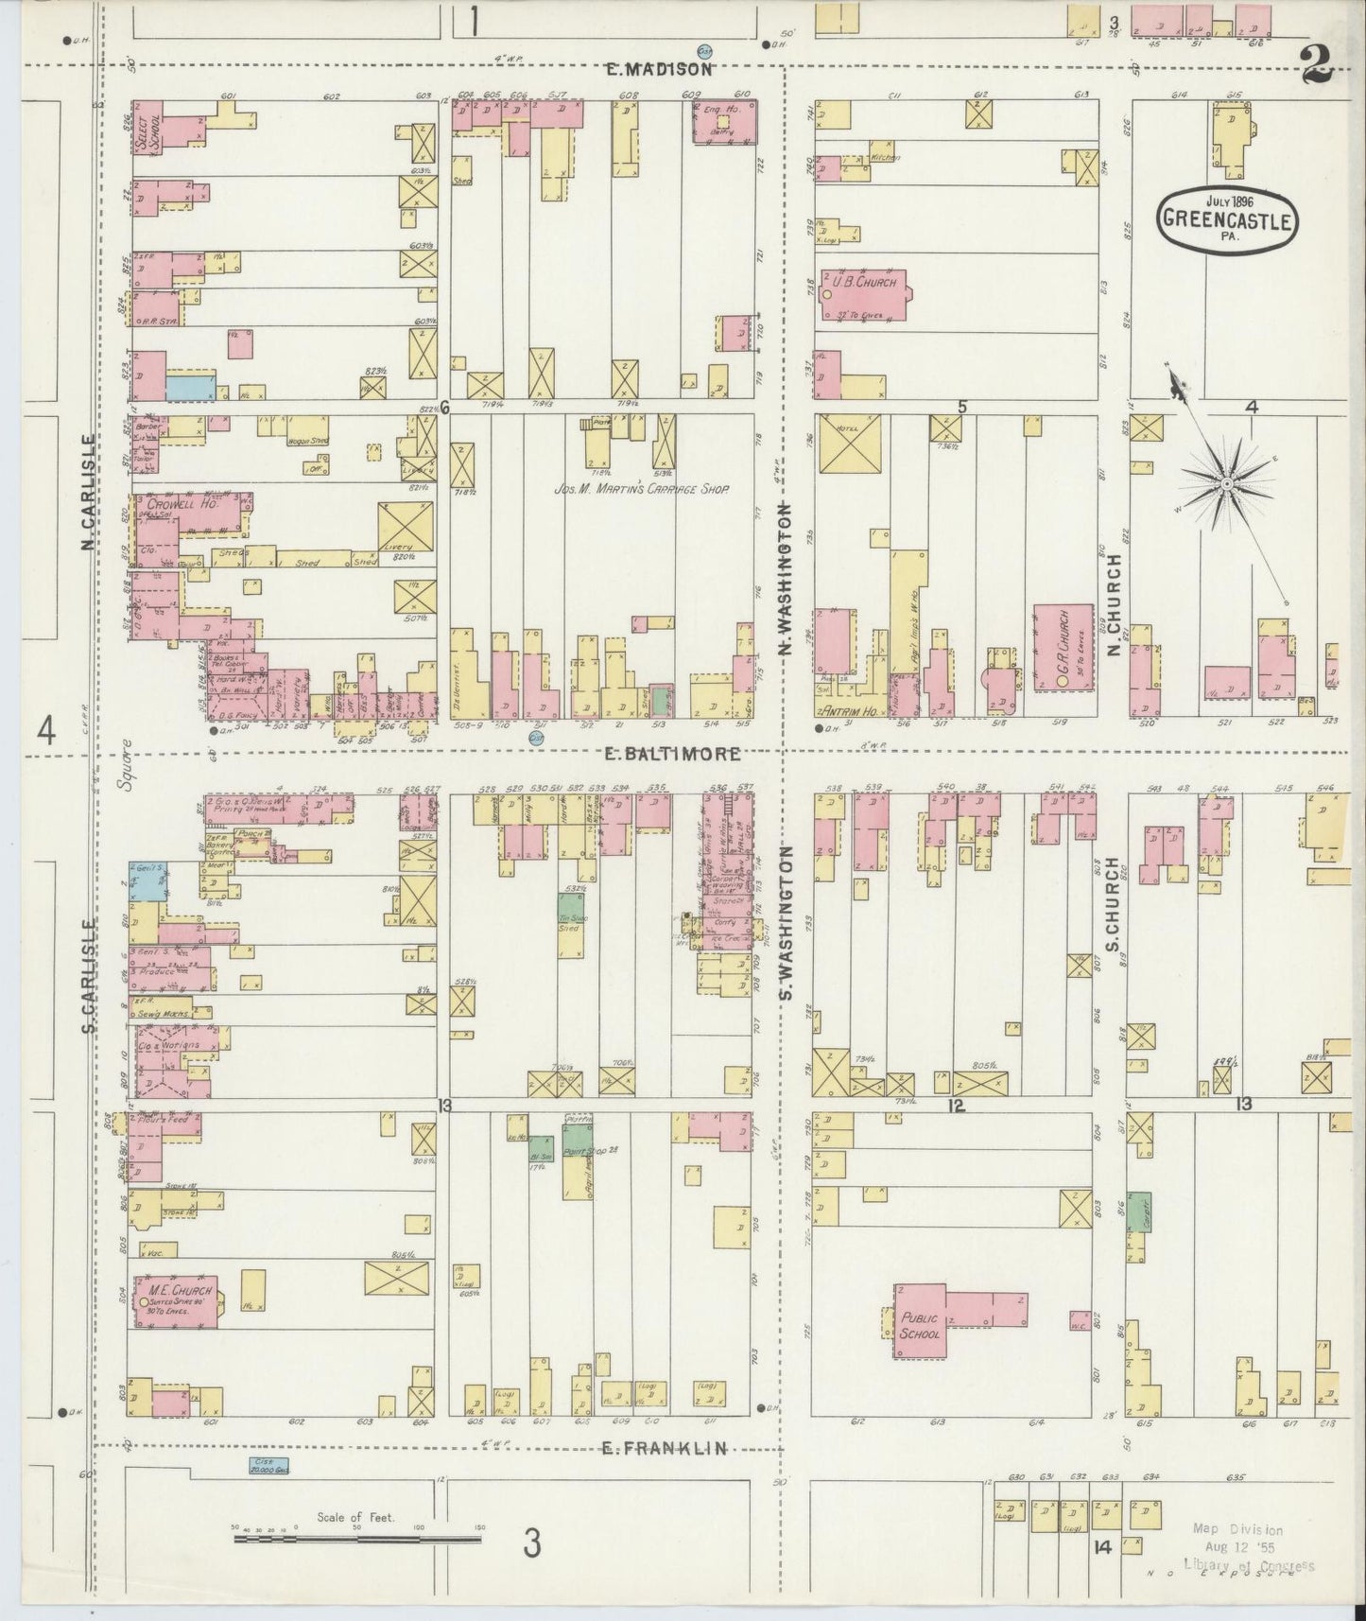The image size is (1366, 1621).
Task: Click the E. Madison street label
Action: (660, 69)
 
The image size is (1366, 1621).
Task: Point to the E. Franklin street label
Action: (666, 1448)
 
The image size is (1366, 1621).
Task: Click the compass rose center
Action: (1226, 483)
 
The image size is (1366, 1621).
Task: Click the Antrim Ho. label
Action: (846, 709)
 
